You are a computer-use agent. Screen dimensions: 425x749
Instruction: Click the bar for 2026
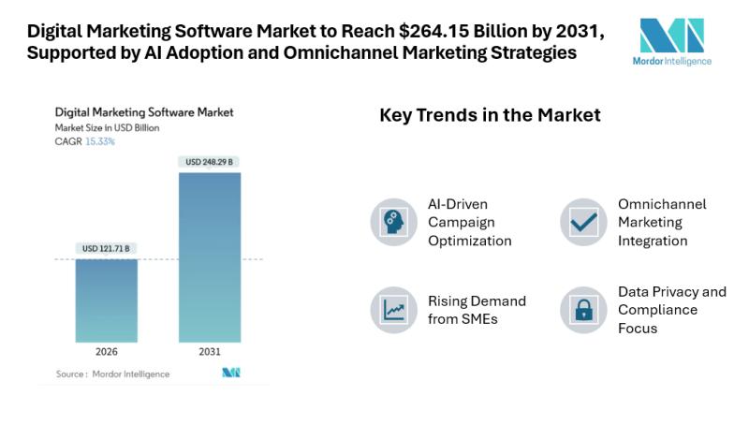106,300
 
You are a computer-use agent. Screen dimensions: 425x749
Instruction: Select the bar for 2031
209,257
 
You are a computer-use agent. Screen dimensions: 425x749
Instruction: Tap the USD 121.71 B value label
106,248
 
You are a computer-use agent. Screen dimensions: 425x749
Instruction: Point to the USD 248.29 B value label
209,162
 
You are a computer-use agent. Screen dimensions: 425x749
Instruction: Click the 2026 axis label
106,353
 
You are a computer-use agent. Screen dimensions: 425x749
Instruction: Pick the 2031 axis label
209,353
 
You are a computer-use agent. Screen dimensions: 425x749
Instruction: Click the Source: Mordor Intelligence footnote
103,374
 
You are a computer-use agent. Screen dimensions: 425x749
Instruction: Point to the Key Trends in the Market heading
490,116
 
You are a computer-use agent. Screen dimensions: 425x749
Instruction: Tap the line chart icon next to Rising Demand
393,310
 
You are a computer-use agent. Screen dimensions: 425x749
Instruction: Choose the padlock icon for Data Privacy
584,310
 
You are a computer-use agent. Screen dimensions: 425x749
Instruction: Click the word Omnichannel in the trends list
662,204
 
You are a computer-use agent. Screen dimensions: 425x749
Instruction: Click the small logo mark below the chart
230,373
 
